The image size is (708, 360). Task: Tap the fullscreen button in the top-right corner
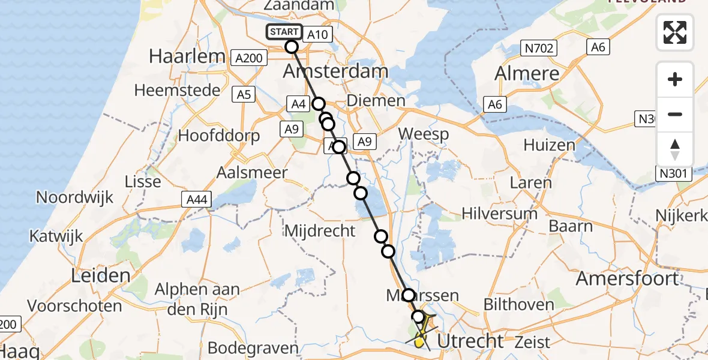point(675,32)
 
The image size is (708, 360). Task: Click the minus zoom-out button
point(675,114)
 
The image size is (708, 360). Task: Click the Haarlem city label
point(186,57)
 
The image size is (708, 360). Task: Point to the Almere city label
point(526,74)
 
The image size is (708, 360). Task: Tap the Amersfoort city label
point(628,278)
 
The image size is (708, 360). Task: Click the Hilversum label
point(499,213)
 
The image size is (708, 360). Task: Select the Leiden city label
point(101,276)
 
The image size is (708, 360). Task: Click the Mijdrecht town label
point(320,230)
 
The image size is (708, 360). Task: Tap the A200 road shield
point(248,58)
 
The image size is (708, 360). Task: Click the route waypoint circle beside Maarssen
point(408,295)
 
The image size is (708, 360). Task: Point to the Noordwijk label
point(75,197)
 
